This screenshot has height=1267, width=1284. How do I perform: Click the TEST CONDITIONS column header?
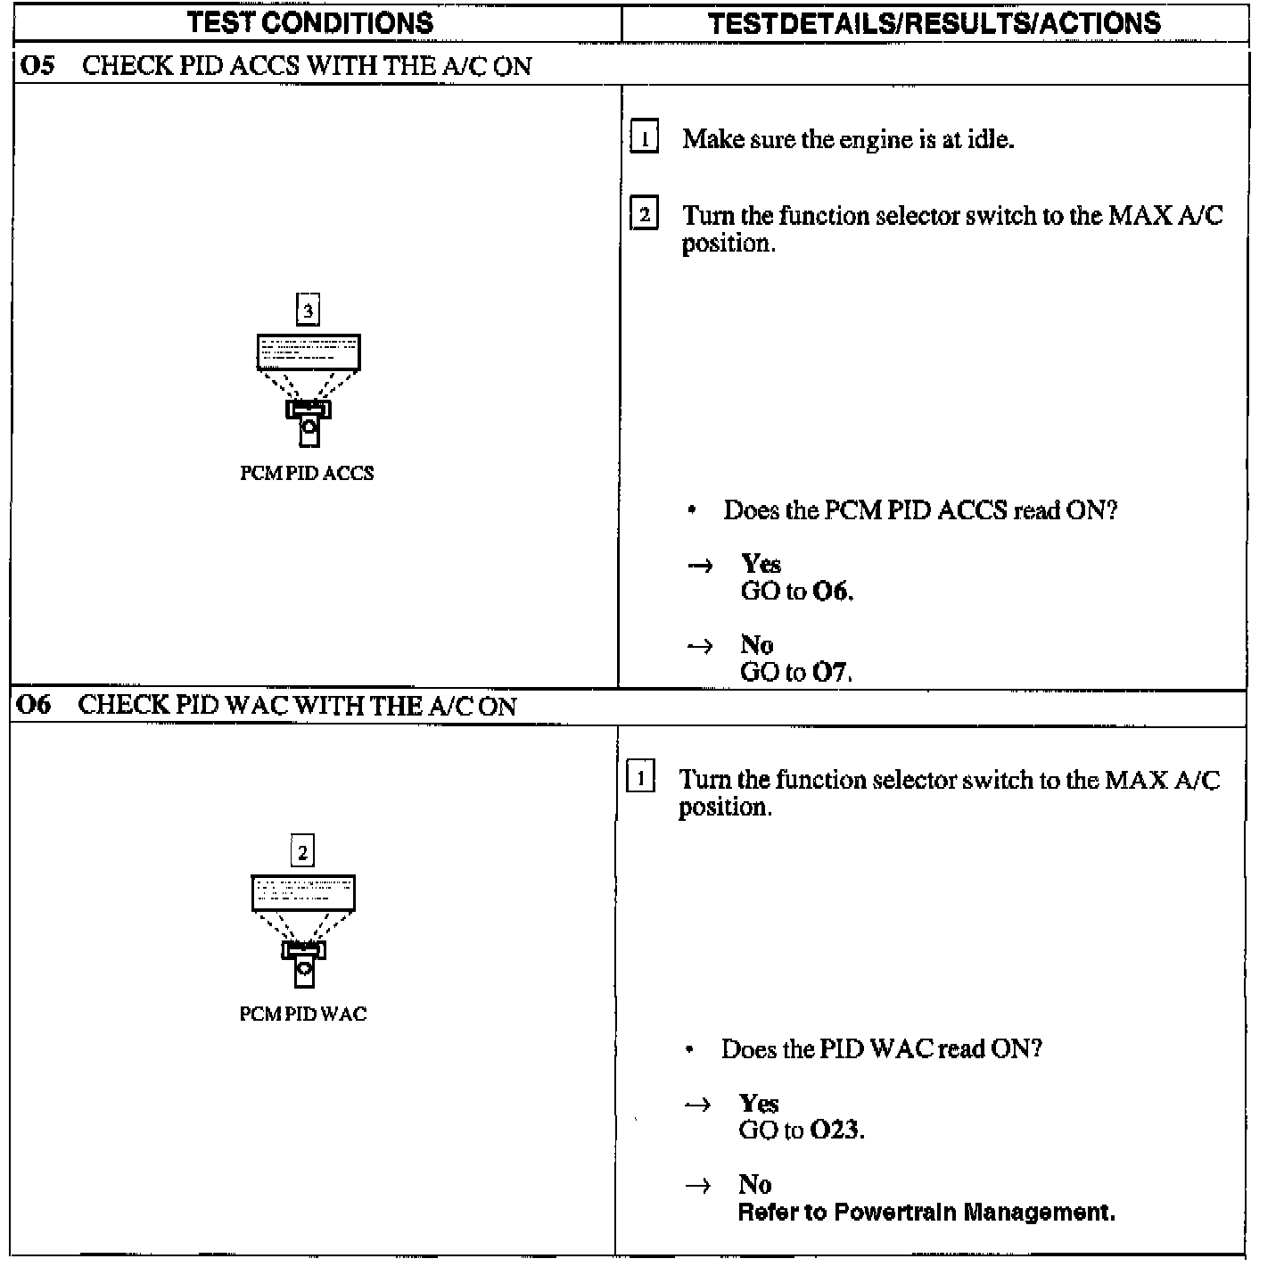(x=310, y=22)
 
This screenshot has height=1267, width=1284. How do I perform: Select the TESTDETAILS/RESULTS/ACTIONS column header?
(x=934, y=22)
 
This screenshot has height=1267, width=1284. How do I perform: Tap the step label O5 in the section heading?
(x=37, y=66)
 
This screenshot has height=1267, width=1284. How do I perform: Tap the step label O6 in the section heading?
(x=35, y=705)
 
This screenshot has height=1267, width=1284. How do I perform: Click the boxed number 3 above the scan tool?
(x=308, y=311)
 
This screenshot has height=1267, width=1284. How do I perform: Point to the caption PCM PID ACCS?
(x=307, y=473)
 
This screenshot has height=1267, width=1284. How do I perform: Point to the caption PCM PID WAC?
(x=303, y=1014)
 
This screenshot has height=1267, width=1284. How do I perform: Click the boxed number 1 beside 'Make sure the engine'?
(x=644, y=138)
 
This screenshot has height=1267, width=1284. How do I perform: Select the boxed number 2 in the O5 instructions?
(x=644, y=215)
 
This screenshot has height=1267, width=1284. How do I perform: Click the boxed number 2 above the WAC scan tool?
(x=302, y=852)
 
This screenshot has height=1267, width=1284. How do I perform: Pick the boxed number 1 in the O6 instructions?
(x=640, y=778)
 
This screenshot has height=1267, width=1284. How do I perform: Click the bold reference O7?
(x=831, y=672)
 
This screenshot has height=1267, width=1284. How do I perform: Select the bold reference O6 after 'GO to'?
(x=832, y=591)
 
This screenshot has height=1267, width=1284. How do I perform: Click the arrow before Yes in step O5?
(x=701, y=566)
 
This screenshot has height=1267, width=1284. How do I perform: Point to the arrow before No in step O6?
(x=698, y=1186)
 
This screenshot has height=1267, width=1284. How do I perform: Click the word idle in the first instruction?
(x=990, y=139)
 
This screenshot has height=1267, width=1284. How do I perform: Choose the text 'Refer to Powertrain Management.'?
(x=926, y=1213)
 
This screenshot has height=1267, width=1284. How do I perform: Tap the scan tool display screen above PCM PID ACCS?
(x=309, y=352)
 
